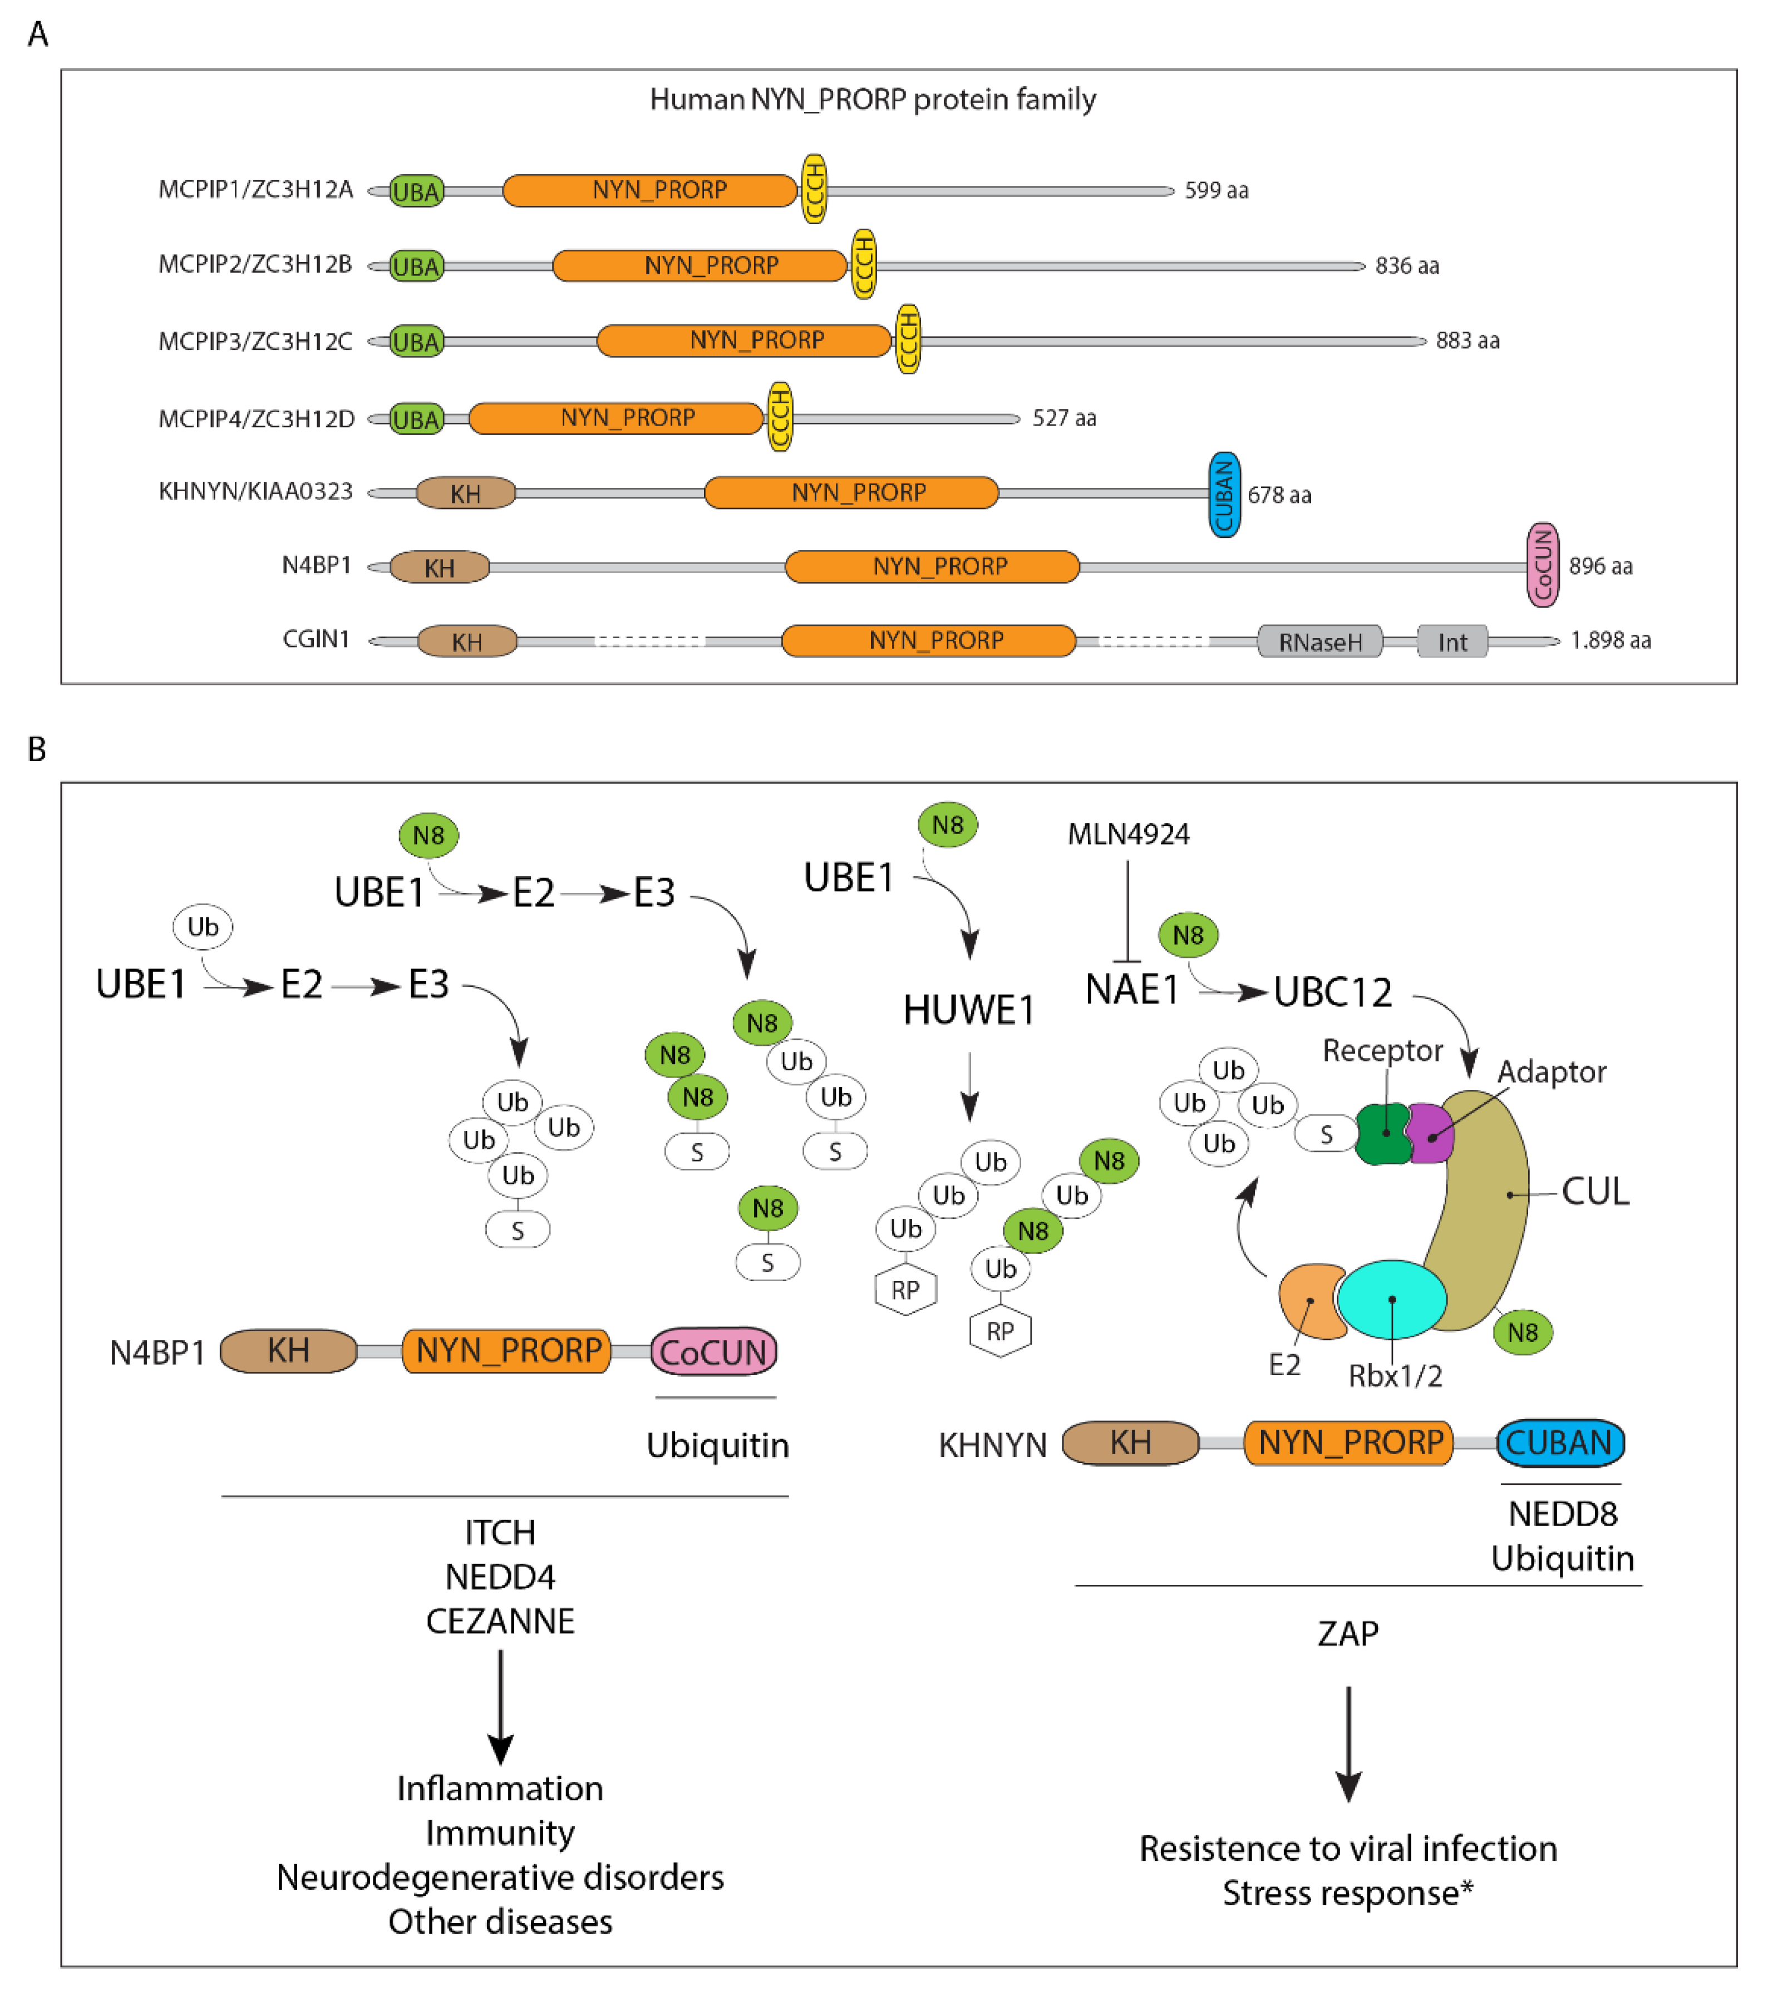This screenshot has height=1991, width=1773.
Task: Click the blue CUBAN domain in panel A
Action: [1224, 494]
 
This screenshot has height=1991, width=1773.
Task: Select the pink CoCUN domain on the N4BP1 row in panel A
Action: [1542, 565]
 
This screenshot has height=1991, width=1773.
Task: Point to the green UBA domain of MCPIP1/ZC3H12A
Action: [417, 191]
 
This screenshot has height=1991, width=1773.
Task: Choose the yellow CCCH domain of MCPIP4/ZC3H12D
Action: [779, 417]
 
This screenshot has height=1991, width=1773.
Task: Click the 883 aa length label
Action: [1467, 341]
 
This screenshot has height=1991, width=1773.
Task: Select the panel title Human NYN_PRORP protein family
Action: [872, 100]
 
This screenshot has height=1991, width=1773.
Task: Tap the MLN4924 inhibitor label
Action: [1128, 834]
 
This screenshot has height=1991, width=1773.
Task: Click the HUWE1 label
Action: [968, 1010]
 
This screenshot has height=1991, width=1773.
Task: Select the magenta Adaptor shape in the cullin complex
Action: [1429, 1133]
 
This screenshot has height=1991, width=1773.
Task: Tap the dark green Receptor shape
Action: [1383, 1133]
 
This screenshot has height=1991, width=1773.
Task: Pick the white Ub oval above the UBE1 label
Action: [203, 926]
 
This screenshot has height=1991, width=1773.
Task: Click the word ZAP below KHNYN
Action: [1348, 1633]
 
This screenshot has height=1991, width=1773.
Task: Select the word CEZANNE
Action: [500, 1621]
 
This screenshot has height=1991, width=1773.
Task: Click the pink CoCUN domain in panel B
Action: [713, 1352]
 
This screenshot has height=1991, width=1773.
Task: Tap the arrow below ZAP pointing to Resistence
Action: [1348, 1743]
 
